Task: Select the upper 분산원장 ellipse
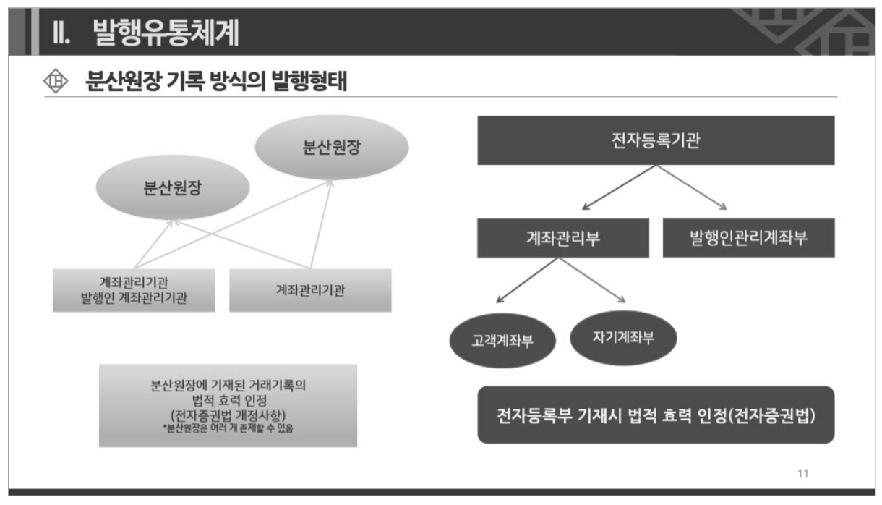pyautogui.click(x=332, y=148)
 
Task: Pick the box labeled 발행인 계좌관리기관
pyautogui.click(x=134, y=290)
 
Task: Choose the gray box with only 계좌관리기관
pyautogui.click(x=310, y=290)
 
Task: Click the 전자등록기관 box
pyautogui.click(x=656, y=140)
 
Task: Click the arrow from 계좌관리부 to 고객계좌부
pyautogui.click(x=526, y=281)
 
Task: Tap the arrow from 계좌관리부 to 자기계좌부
pyautogui.click(x=591, y=281)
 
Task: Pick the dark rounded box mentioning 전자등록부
pyautogui.click(x=656, y=415)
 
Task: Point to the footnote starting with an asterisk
pyautogui.click(x=228, y=429)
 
